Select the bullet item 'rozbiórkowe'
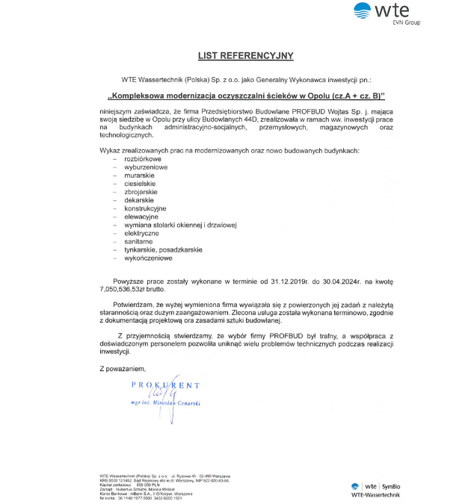click(142, 159)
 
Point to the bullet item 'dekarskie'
click(139, 200)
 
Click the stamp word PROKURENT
click(166, 385)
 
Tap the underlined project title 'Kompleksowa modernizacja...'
click(246, 96)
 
